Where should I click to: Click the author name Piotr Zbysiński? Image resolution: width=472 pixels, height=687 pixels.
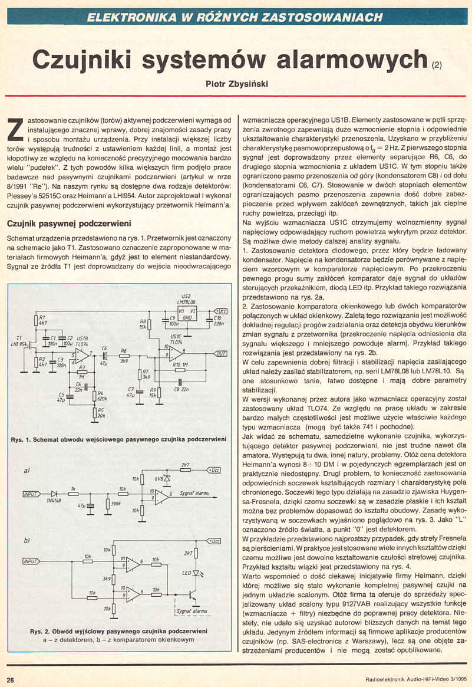(236, 84)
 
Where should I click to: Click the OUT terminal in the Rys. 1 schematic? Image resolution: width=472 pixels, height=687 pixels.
(220, 353)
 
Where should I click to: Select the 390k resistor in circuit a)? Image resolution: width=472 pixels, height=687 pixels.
(107, 504)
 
